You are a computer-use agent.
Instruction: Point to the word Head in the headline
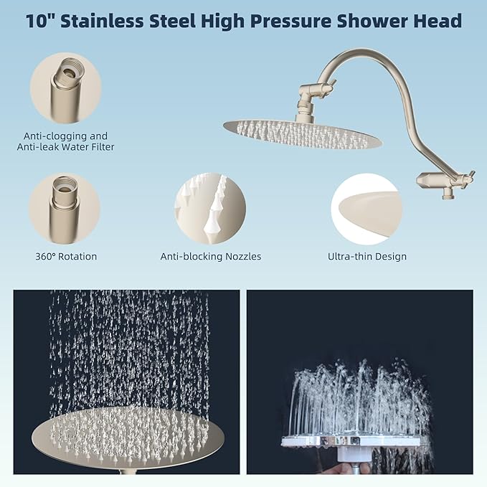[435, 20]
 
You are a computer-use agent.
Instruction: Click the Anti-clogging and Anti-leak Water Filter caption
[65, 141]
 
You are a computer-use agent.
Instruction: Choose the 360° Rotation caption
[65, 256]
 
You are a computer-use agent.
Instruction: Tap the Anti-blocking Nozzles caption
[210, 256]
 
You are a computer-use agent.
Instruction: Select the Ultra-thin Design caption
[367, 256]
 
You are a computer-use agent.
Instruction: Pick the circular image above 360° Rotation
[65, 209]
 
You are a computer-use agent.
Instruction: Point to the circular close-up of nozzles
[210, 209]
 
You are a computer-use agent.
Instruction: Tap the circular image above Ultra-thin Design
[367, 209]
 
